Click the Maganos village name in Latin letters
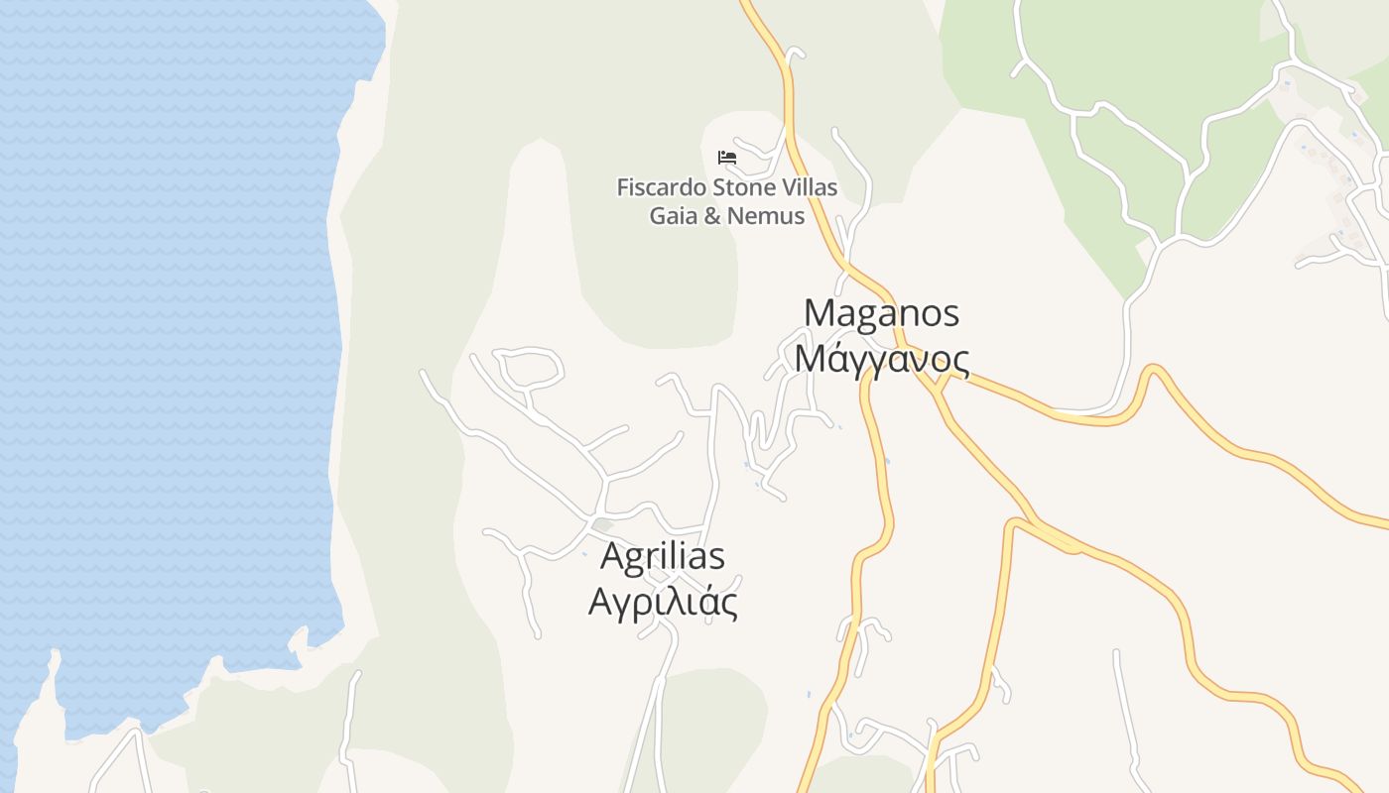tap(881, 313)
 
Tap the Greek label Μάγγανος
tap(881, 359)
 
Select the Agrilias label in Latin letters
tap(663, 557)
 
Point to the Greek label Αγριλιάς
tap(663, 602)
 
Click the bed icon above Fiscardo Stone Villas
tap(727, 157)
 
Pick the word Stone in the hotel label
tap(741, 187)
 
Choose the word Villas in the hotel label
tap(809, 187)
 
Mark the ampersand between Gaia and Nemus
tap(712, 215)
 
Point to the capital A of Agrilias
tap(613, 557)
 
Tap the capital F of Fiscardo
tap(622, 187)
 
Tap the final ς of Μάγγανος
tap(958, 361)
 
